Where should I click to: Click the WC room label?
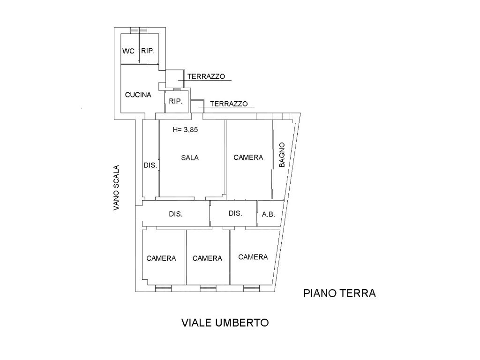click(128, 51)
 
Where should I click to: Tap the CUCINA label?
click(138, 95)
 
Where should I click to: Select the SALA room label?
click(190, 158)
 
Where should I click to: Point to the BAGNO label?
click(282, 155)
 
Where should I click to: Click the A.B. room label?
click(269, 215)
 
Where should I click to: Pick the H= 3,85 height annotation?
click(185, 130)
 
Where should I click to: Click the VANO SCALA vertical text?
click(116, 188)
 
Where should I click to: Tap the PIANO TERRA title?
click(339, 293)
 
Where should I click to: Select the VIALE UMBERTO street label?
click(225, 322)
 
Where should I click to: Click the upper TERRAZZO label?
click(206, 76)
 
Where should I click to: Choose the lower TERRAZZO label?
click(229, 104)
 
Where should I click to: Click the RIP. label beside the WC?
click(148, 51)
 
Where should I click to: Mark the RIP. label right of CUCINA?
click(175, 101)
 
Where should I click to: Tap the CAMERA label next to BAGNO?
click(248, 157)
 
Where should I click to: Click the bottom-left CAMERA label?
click(161, 259)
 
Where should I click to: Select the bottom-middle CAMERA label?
click(207, 259)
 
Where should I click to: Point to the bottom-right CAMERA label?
click(253, 257)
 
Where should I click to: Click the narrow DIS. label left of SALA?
click(150, 165)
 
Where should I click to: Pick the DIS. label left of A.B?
click(235, 213)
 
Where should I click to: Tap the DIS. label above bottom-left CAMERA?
click(176, 214)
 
